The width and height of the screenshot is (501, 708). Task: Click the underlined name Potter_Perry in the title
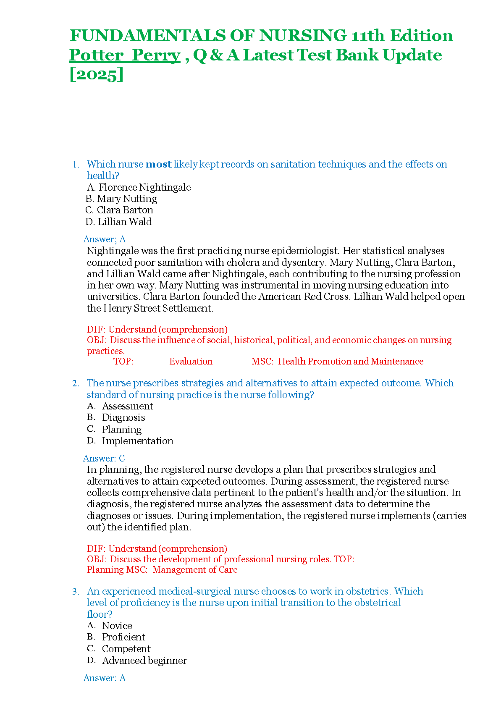click(125, 55)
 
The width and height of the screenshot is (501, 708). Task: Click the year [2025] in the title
click(96, 75)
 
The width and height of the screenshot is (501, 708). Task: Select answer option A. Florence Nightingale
click(139, 187)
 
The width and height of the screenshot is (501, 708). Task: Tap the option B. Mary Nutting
click(121, 199)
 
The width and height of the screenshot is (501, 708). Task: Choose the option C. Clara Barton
click(119, 210)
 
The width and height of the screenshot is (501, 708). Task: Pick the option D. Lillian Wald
click(119, 222)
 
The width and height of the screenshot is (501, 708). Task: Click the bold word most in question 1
click(158, 164)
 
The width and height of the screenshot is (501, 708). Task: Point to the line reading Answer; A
click(105, 239)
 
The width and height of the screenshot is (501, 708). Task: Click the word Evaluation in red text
click(191, 362)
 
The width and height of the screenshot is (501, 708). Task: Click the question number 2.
click(76, 383)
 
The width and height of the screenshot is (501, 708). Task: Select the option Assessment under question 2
click(127, 406)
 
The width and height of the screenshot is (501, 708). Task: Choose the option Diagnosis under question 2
click(123, 418)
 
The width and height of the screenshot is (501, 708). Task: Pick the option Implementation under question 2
click(137, 441)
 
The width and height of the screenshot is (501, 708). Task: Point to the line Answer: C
click(104, 459)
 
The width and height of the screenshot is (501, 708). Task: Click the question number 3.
click(76, 592)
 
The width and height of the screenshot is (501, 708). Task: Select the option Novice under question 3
click(117, 626)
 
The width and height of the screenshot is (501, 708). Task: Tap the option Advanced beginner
click(144, 661)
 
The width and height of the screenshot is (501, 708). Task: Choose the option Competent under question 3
click(126, 649)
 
